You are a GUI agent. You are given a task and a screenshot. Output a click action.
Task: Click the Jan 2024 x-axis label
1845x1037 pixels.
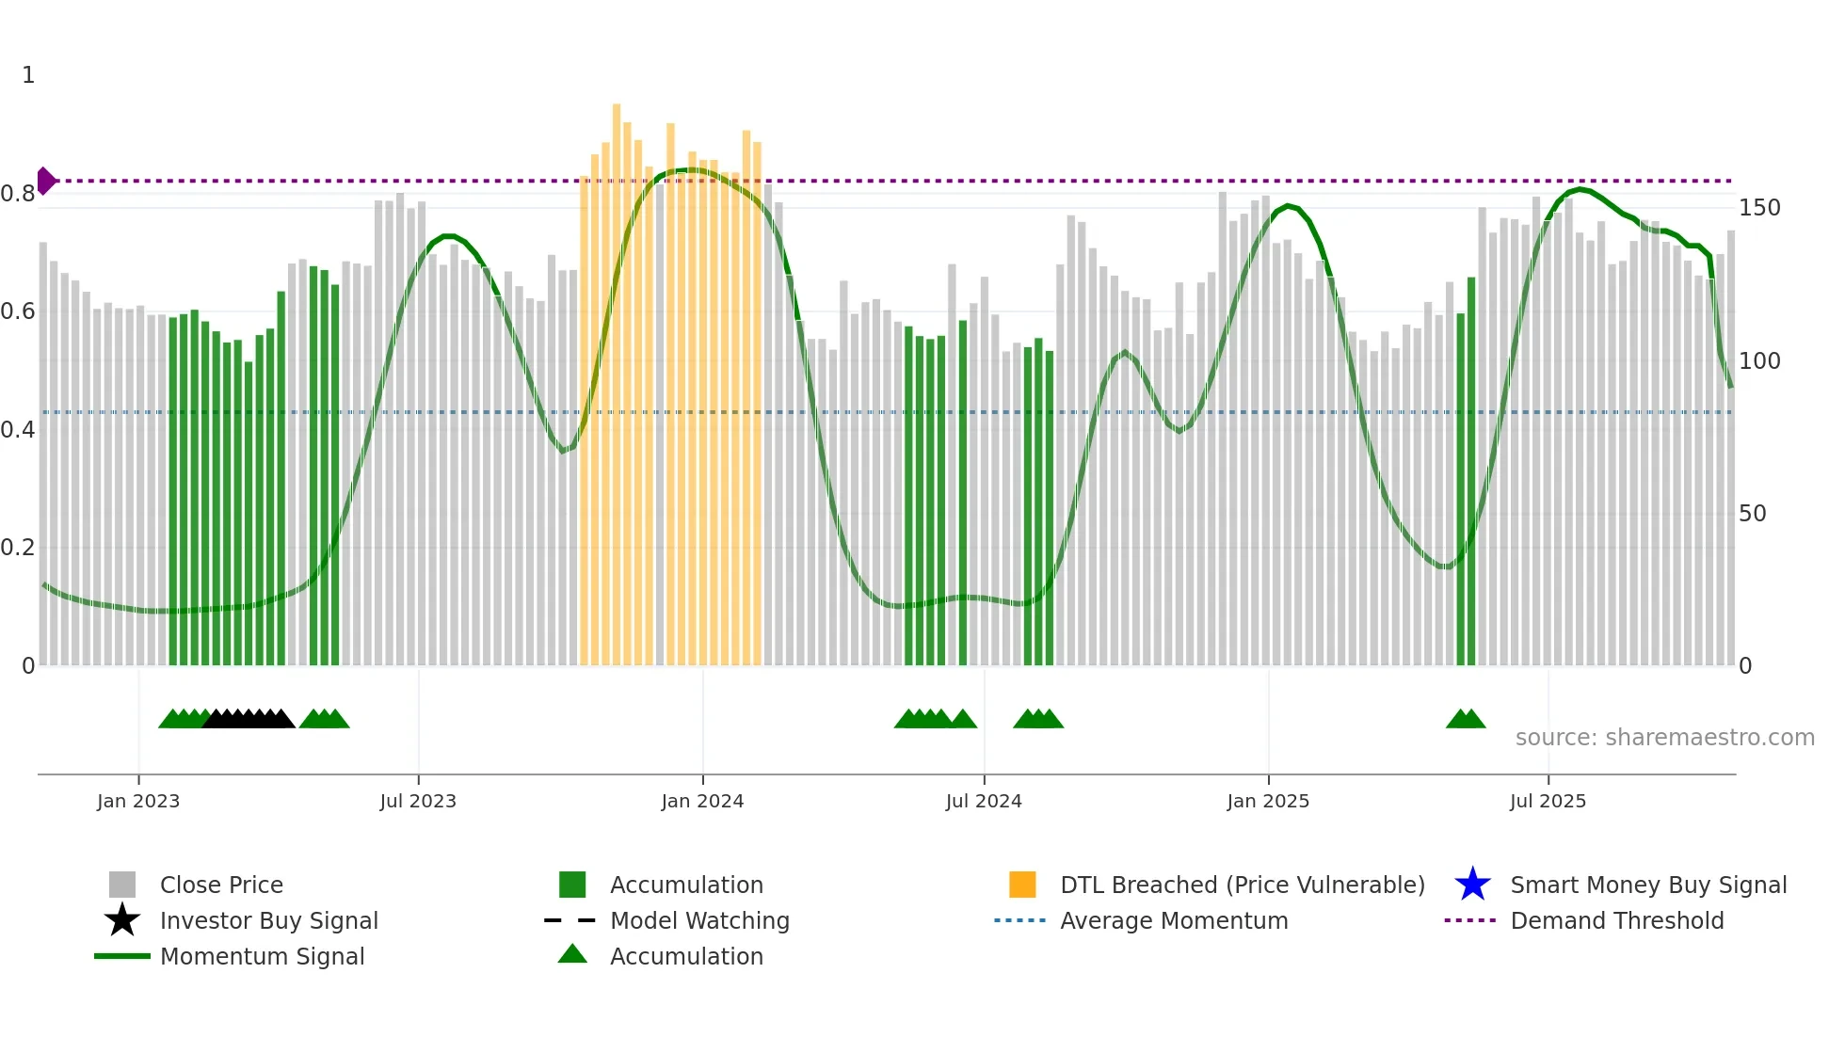(x=702, y=801)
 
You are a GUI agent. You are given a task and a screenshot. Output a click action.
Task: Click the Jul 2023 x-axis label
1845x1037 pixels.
(x=418, y=801)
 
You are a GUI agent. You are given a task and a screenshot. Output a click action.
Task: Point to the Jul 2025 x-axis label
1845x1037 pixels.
(x=1548, y=801)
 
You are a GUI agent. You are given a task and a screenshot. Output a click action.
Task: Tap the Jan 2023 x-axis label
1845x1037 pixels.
(x=138, y=801)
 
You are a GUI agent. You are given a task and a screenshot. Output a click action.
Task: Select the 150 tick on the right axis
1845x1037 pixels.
(x=1758, y=208)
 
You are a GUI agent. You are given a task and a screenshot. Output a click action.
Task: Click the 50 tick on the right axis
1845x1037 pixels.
(x=1752, y=514)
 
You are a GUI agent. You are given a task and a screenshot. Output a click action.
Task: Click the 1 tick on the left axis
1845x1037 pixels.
(x=28, y=75)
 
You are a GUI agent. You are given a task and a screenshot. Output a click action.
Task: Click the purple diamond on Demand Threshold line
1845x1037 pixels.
(x=45, y=181)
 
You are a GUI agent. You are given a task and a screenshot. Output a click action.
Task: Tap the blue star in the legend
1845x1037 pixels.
(x=1472, y=885)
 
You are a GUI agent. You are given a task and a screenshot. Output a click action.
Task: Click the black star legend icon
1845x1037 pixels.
(x=122, y=920)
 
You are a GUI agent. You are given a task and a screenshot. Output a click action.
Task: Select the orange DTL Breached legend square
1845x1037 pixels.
(x=1022, y=885)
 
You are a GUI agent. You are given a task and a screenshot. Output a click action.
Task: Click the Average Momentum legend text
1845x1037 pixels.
(x=1174, y=920)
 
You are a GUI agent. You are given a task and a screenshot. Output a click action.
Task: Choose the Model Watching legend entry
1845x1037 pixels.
(x=699, y=920)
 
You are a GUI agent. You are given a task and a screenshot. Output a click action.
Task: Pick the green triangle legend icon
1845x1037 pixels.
(x=572, y=954)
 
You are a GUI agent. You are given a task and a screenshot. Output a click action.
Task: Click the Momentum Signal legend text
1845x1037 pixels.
(x=262, y=956)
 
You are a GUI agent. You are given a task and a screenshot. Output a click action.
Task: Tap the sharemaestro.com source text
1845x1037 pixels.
(x=1664, y=738)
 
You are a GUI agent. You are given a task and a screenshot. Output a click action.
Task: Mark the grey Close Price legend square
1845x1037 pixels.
(x=122, y=885)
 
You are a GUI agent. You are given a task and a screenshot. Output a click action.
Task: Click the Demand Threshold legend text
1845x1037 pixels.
(x=1616, y=920)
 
